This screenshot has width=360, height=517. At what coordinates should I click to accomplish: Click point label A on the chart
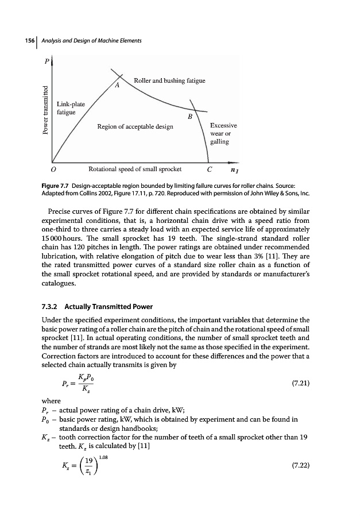pyautogui.click(x=117, y=86)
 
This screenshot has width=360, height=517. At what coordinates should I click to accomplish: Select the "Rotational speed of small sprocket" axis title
pyautogui.click(x=135, y=169)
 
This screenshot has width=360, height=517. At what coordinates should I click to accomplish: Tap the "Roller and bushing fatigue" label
pyautogui.click(x=169, y=80)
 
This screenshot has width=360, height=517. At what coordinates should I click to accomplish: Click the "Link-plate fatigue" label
pyautogui.click(x=71, y=108)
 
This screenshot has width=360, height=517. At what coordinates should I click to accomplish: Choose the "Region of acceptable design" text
pyautogui.click(x=135, y=126)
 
